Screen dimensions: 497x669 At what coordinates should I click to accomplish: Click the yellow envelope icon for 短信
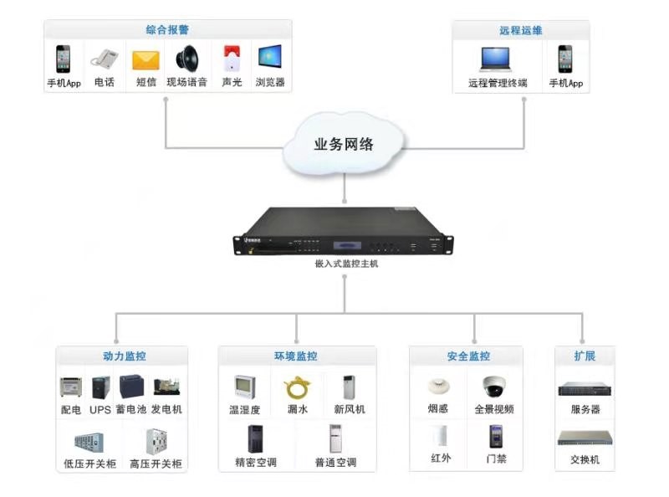point(146,60)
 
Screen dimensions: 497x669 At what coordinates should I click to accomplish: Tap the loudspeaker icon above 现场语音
point(186,59)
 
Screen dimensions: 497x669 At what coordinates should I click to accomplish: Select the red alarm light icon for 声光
point(231,59)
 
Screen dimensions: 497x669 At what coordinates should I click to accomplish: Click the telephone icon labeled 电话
point(104,59)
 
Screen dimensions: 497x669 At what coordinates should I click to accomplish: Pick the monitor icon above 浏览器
point(269,59)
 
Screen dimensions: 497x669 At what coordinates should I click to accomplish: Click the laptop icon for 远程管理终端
point(497,59)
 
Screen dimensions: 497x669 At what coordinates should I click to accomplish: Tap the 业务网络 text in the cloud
point(344,144)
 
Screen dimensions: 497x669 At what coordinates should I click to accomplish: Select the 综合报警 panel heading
point(167,30)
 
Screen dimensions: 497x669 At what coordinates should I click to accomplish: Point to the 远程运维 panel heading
point(520,30)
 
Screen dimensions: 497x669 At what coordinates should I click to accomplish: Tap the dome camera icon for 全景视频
point(493,386)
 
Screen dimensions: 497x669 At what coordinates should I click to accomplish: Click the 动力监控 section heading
point(124,356)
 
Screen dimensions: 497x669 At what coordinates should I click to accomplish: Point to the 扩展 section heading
point(585,356)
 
